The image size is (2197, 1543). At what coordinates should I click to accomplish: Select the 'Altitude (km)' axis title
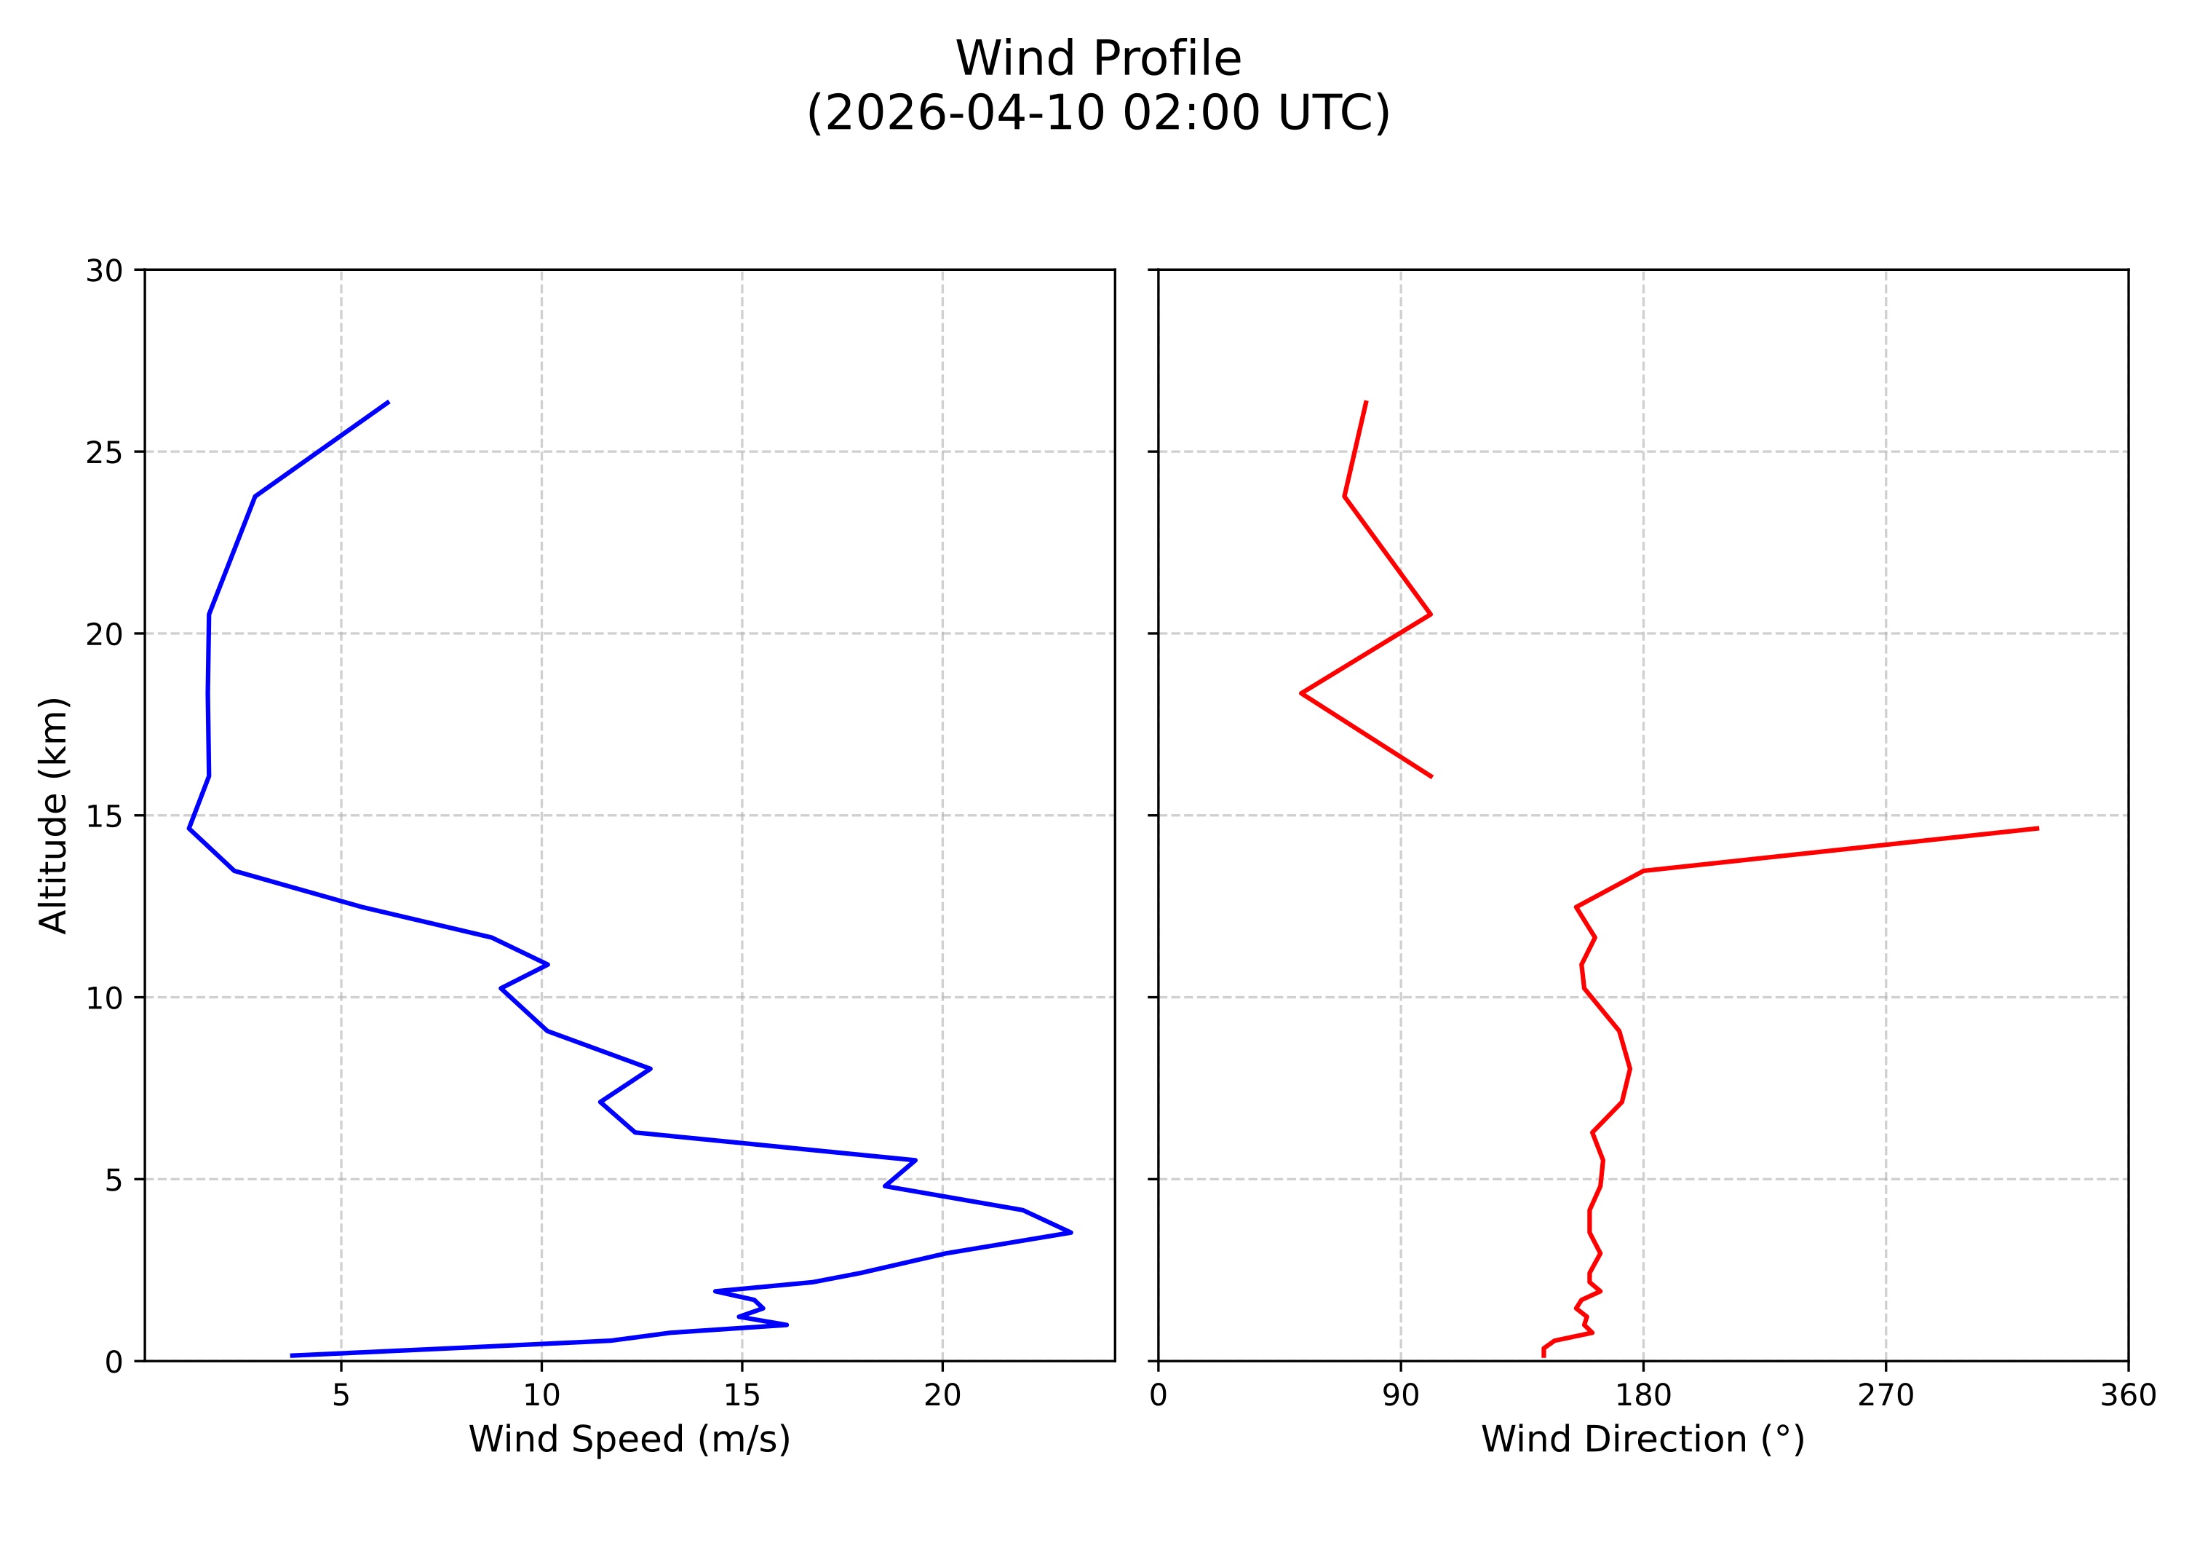point(54,815)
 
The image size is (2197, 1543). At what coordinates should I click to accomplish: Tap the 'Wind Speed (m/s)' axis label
point(629,1439)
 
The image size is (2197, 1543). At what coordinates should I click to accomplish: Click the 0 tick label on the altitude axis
point(114,1362)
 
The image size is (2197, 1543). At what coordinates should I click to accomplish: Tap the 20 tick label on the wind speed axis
point(942,1396)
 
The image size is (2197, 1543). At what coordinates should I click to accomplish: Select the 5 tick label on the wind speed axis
point(341,1396)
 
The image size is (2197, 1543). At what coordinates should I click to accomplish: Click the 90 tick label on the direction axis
point(1400,1396)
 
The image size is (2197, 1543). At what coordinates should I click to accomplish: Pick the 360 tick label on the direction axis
point(2128,1396)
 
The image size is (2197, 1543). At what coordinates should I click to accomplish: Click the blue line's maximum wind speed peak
point(1070,1233)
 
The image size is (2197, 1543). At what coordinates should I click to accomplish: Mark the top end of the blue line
point(388,402)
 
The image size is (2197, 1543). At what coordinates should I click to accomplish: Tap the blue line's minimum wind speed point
point(189,828)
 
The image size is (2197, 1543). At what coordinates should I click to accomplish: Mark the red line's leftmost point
point(1301,693)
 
